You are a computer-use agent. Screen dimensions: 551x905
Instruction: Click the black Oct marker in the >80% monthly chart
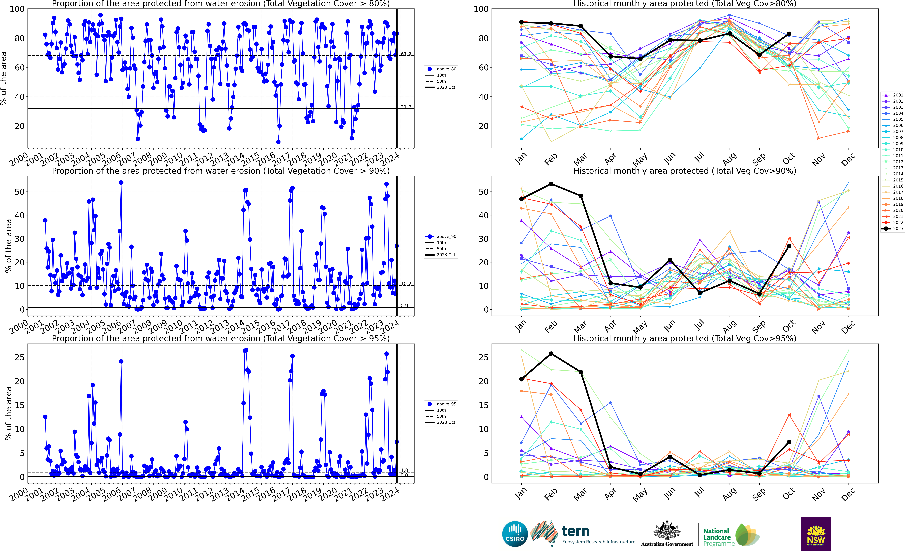789,34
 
